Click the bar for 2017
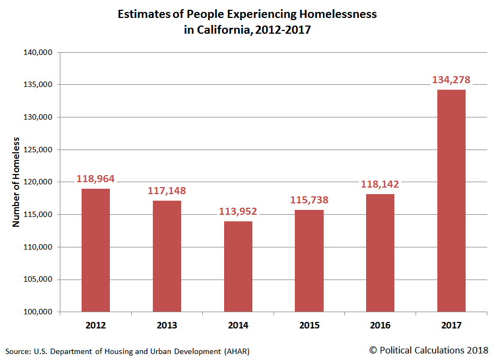451,201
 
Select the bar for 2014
238,266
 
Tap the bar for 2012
96,250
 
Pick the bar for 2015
309,260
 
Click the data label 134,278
451,80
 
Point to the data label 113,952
238,212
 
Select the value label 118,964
96,179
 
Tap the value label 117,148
167,191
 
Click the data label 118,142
380,184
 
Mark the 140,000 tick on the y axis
36,53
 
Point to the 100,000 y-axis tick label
36,312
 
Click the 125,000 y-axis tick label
36,150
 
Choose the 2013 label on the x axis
167,326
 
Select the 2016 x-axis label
380,326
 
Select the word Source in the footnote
18,351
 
